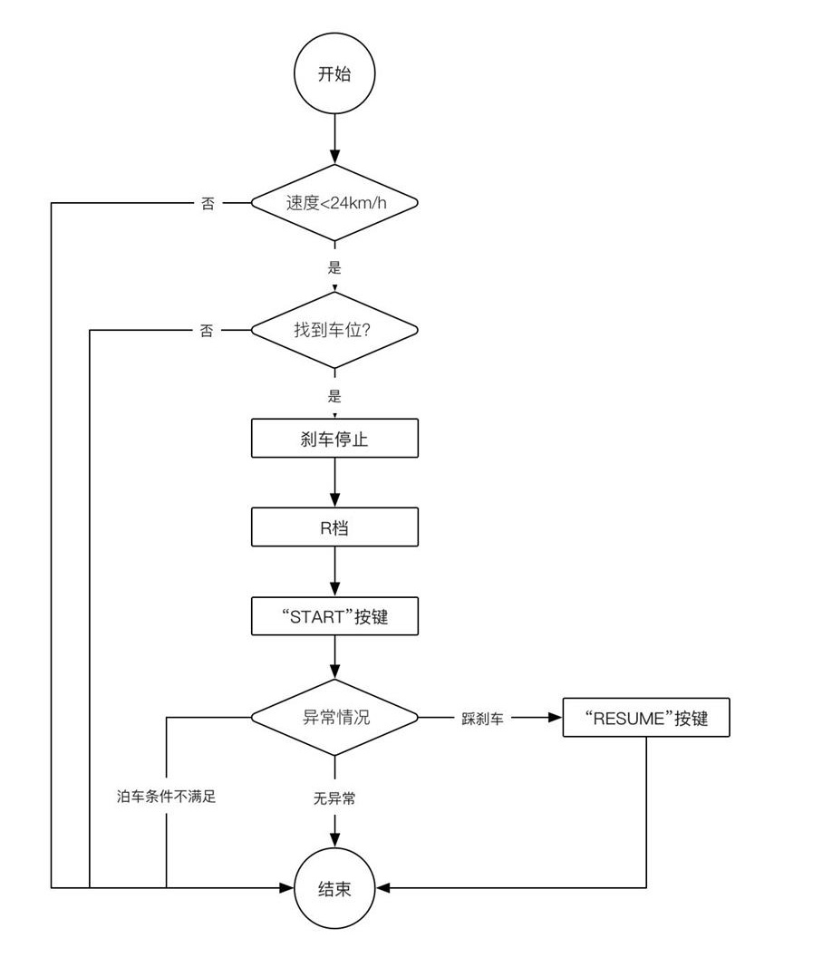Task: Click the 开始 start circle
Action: [x=334, y=74]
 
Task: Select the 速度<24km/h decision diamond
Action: [x=334, y=203]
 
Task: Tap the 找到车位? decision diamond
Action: [x=334, y=330]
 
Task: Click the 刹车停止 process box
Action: [x=334, y=439]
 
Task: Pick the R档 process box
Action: [x=334, y=527]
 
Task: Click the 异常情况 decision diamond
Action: [x=334, y=717]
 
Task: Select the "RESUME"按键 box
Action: [x=645, y=719]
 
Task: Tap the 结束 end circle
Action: [x=334, y=888]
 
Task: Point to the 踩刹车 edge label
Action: [x=482, y=718]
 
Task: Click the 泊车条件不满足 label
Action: [x=167, y=797]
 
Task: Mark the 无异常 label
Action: [x=334, y=798]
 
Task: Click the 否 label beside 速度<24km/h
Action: [x=208, y=204]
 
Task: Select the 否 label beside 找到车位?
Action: [x=208, y=331]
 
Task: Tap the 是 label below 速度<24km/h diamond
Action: [x=334, y=268]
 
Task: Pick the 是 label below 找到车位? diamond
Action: [x=334, y=396]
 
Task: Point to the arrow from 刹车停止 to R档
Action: [x=334, y=483]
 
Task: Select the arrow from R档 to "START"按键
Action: [x=334, y=572]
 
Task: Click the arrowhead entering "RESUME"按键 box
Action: [x=555, y=718]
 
